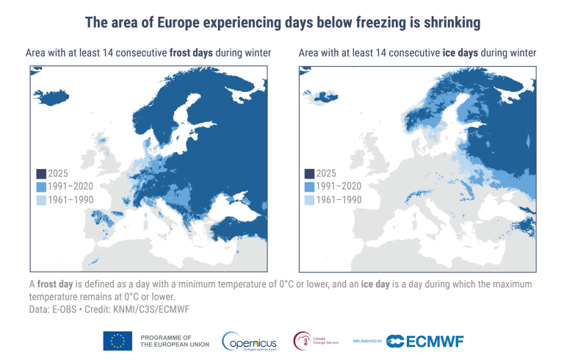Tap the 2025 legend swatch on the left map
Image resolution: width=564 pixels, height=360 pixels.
click(x=41, y=173)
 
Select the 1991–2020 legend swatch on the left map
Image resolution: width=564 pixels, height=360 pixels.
click(x=41, y=187)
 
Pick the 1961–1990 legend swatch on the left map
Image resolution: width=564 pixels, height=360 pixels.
click(x=41, y=200)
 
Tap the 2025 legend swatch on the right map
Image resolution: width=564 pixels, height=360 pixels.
click(x=309, y=173)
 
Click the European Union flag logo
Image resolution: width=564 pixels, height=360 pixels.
click(x=117, y=340)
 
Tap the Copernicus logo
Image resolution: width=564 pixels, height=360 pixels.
click(x=250, y=341)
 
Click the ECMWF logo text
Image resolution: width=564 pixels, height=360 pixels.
click(x=433, y=341)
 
